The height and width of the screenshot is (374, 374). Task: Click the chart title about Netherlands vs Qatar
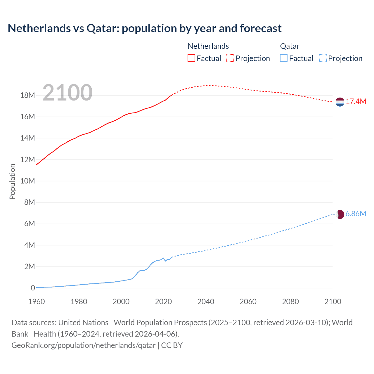(145, 28)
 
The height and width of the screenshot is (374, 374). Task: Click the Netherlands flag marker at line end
(340, 102)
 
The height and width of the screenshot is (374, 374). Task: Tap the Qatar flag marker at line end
(340, 214)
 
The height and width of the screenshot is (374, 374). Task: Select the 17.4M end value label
(356, 102)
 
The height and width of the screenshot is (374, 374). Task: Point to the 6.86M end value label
(356, 214)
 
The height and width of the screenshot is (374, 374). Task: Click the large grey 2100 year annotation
(67, 93)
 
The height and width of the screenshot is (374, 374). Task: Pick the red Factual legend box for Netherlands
(191, 58)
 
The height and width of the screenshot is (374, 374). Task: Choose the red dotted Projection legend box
(230, 58)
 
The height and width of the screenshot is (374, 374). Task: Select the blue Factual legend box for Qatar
(284, 58)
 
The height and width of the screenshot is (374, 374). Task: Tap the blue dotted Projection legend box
(323, 58)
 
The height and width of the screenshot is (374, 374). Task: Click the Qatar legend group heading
(290, 46)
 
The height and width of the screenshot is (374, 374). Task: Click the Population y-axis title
(12, 181)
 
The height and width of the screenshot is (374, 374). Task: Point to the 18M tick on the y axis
(27, 95)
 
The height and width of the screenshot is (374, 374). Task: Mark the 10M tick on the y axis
(27, 181)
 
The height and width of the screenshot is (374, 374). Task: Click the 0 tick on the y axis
(33, 288)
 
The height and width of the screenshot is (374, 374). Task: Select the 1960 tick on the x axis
(37, 302)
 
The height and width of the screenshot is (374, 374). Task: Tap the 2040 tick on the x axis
(206, 302)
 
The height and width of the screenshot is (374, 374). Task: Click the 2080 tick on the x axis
(290, 302)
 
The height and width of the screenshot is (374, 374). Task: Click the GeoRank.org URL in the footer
(84, 345)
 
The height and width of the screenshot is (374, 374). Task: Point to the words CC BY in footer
(172, 345)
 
